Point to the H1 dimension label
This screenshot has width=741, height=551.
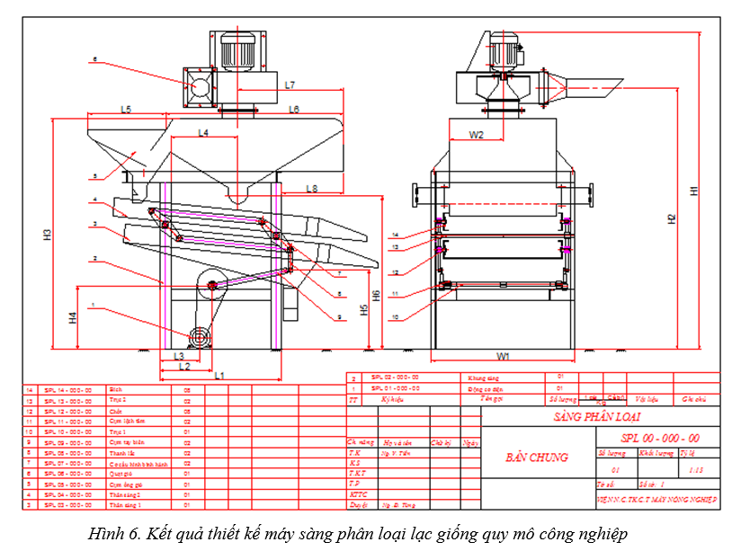pyautogui.click(x=693, y=191)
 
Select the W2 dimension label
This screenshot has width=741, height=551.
pyautogui.click(x=477, y=136)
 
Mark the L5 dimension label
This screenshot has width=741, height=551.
pyautogui.click(x=127, y=110)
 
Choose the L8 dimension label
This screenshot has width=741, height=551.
pyautogui.click(x=311, y=189)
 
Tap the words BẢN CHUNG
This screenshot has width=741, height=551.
pyautogui.click(x=537, y=457)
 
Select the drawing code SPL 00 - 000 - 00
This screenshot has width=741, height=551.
pyautogui.click(x=660, y=438)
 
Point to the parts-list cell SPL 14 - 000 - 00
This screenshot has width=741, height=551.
pyautogui.click(x=68, y=390)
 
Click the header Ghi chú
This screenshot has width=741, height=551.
pyautogui.click(x=694, y=398)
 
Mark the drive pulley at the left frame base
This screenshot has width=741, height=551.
pyautogui.click(x=198, y=337)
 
